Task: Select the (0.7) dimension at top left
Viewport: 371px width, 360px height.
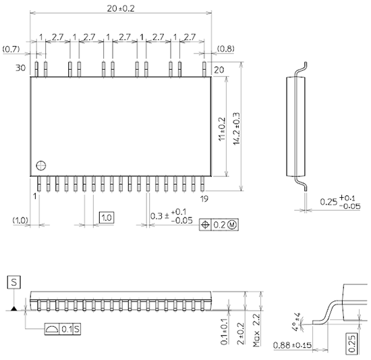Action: point(11,49)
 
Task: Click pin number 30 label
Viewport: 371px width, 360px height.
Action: point(20,68)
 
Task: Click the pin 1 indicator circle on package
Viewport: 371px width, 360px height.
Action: point(42,164)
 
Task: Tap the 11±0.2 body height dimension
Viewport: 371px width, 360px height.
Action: point(221,128)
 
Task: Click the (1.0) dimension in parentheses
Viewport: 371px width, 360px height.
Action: point(20,220)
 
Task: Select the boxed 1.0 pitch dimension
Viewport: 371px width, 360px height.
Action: point(107,217)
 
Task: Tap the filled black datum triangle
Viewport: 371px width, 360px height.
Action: point(13,309)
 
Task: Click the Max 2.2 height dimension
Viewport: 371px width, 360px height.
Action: point(257,330)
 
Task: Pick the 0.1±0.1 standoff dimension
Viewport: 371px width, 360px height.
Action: point(225,331)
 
